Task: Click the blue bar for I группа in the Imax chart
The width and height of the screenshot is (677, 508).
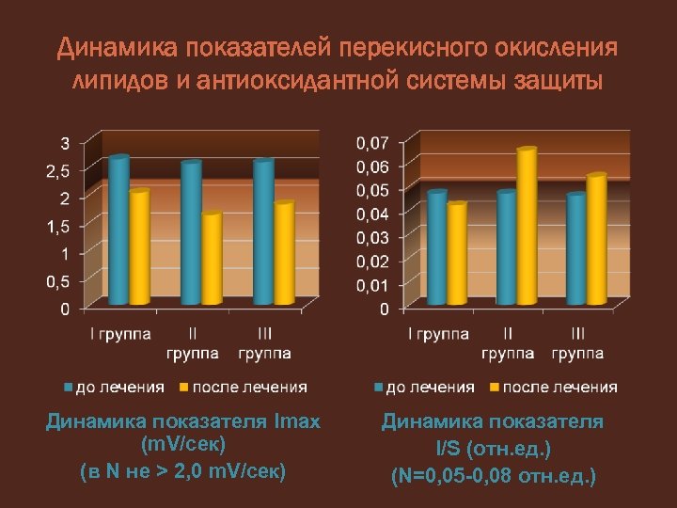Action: coord(118,230)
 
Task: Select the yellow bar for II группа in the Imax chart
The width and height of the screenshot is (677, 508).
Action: coord(213,259)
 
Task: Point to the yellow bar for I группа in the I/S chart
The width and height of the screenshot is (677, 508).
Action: coord(457,254)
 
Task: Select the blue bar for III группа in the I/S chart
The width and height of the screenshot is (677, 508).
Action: coord(576,249)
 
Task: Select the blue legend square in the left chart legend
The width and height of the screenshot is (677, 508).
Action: coord(69,387)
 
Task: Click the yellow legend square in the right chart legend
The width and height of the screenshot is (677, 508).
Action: coord(495,387)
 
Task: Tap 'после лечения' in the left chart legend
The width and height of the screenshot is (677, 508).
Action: coord(249,387)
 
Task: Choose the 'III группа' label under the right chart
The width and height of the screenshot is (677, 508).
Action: coord(577,342)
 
